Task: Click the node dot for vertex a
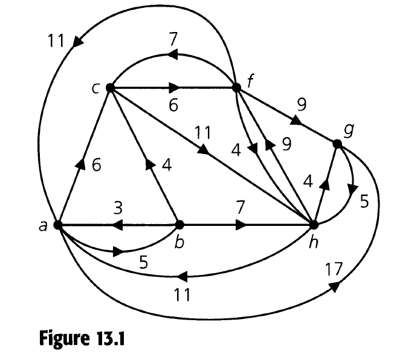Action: pos(58,225)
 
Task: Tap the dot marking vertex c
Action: pos(110,88)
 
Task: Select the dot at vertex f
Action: pos(236,88)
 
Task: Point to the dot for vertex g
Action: pos(337,144)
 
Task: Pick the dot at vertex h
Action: pos(314,225)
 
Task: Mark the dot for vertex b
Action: pos(179,225)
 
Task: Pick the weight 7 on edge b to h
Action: pos(240,208)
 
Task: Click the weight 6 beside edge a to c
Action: pos(97,164)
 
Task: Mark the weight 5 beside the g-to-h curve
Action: pos(363,201)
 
